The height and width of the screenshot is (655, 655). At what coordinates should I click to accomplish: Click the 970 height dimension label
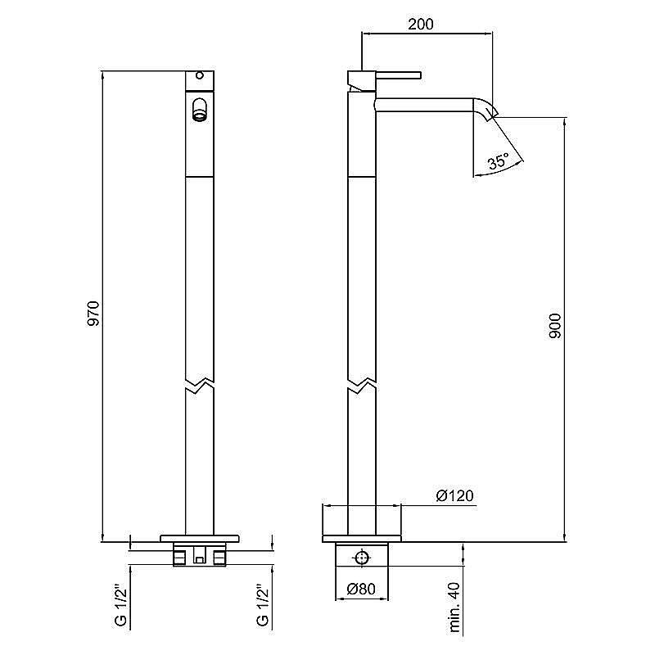coord(93,314)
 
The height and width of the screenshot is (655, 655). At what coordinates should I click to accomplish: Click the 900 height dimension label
coord(555,326)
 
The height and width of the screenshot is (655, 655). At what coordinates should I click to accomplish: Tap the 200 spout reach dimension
coord(421,25)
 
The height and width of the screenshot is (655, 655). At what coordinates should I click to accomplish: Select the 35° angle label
coord(499,160)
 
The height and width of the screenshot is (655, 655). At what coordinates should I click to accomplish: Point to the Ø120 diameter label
coord(454,496)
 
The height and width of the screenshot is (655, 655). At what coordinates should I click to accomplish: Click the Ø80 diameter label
coord(361,589)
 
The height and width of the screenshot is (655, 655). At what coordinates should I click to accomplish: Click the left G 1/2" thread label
coord(120,605)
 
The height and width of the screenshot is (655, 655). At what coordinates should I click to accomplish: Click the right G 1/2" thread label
coord(263,605)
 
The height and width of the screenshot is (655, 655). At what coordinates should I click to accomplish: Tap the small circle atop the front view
coord(200,76)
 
